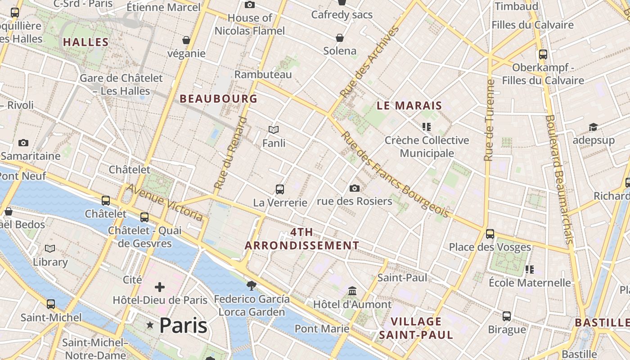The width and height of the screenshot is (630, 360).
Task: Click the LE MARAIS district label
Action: pos(409,106)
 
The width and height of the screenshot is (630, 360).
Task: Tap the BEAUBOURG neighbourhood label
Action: pos(219,99)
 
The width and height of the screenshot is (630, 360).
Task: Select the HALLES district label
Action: pos(85,42)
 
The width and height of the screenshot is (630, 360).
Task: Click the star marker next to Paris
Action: pos(150,325)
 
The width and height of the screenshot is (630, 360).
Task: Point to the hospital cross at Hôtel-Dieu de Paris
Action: pos(160,287)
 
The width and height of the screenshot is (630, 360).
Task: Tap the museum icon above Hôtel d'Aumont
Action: pos(352,291)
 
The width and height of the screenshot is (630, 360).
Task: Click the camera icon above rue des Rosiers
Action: pos(355,188)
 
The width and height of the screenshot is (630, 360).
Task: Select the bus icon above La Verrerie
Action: pos(280,189)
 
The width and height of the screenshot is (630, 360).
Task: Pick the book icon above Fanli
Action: pos(274,130)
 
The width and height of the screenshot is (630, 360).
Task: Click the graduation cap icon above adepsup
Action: pos(593,127)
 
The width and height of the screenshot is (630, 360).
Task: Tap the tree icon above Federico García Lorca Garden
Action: pos(252,285)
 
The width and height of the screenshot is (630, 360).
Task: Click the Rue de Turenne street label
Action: pos(489,120)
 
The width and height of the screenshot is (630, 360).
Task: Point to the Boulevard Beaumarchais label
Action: pos(559,179)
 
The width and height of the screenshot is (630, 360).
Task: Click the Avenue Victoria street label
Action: pos(165,202)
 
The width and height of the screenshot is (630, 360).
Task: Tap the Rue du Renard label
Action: pos(231,153)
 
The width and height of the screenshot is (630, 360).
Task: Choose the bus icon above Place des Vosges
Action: pos(490,234)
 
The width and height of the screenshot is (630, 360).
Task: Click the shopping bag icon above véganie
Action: pos(186,40)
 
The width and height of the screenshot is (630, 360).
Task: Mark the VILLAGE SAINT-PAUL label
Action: pos(416,328)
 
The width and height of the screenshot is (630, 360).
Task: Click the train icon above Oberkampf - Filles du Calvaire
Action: pos(543,54)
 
